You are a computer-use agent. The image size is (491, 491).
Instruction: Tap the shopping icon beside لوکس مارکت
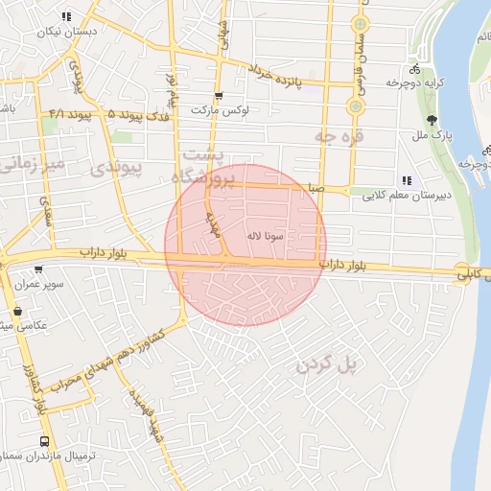pyautogui.click(x=219, y=95)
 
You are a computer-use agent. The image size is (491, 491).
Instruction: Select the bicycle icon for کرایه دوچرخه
pyautogui.click(x=414, y=69)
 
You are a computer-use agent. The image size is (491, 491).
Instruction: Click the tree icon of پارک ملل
pyautogui.click(x=433, y=121)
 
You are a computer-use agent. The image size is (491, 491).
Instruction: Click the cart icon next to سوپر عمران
pyautogui.click(x=37, y=269)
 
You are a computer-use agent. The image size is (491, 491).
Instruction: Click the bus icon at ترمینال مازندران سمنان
pyautogui.click(x=44, y=442)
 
